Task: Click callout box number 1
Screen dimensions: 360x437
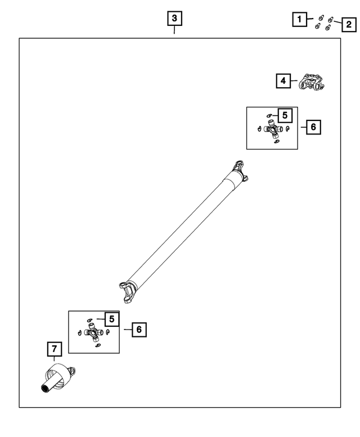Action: point(300,19)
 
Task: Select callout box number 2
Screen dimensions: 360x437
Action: point(349,25)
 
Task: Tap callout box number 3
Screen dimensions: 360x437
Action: point(174,19)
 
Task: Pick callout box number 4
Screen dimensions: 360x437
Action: point(283,81)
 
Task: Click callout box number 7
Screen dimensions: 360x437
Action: point(55,349)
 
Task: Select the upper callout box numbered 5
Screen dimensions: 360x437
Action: point(285,115)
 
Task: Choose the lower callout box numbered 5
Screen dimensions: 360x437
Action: point(112,319)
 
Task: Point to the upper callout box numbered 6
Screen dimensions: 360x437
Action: point(313,127)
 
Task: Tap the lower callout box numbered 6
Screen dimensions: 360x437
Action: point(139,330)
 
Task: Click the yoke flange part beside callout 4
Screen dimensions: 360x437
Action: point(312,82)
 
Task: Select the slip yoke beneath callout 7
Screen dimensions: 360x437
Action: point(58,378)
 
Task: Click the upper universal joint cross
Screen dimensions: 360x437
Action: point(272,129)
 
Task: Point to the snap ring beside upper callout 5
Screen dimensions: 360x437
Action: point(269,115)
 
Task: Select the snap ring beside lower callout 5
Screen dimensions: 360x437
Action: point(89,320)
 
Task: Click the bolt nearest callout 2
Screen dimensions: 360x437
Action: point(330,20)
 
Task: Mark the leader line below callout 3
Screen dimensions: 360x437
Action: point(174,30)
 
